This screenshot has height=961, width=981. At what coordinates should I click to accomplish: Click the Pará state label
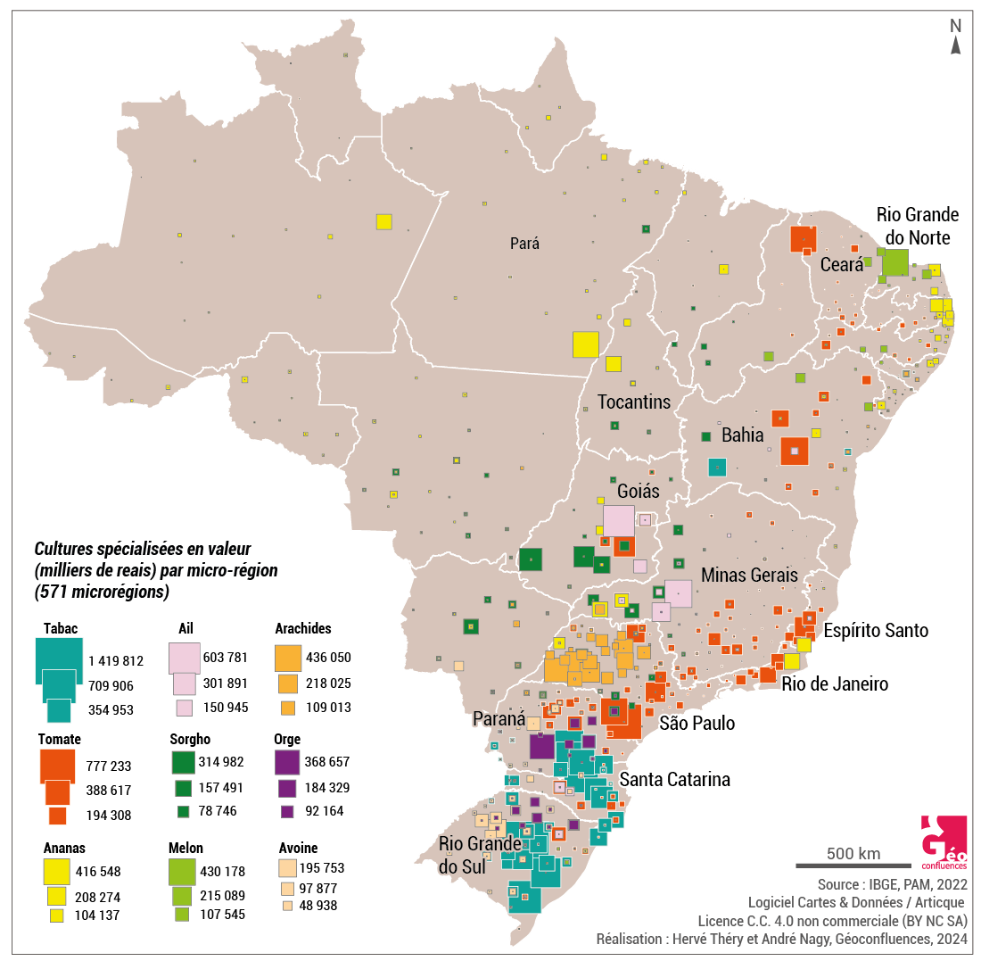click(x=525, y=243)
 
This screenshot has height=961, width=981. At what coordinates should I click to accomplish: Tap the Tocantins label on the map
click(x=633, y=402)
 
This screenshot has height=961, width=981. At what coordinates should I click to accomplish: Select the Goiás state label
click(x=638, y=491)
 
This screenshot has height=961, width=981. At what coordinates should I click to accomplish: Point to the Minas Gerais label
click(x=749, y=575)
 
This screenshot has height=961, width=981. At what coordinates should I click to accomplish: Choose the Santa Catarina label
click(x=674, y=779)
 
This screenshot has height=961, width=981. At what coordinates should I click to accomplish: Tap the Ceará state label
click(x=842, y=264)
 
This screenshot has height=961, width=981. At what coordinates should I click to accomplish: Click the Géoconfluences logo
click(x=943, y=843)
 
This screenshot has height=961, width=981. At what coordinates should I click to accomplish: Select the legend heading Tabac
click(x=61, y=628)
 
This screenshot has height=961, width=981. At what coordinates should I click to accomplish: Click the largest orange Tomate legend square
click(x=57, y=766)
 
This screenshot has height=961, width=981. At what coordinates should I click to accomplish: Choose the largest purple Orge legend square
click(x=287, y=762)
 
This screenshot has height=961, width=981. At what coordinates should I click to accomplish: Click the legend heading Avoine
click(x=297, y=848)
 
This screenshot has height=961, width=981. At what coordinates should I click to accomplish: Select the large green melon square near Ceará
click(x=894, y=262)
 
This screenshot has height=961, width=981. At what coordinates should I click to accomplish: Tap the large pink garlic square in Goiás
click(x=619, y=521)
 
